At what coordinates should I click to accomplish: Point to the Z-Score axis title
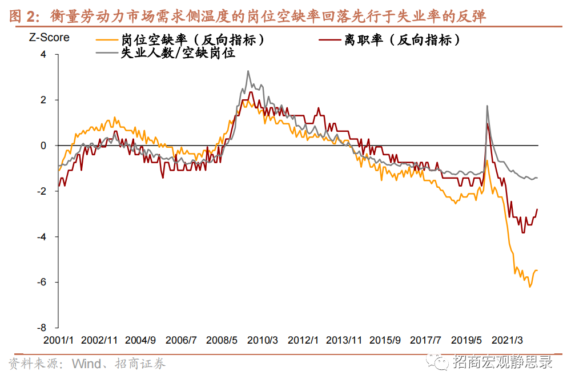[49, 38]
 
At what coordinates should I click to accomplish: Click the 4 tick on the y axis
[42, 55]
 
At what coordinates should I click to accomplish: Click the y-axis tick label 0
[42, 146]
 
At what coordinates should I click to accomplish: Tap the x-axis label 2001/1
[58, 340]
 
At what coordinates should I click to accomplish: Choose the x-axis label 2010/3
[263, 340]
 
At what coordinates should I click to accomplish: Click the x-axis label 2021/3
[510, 340]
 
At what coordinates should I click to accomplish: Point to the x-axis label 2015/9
[385, 340]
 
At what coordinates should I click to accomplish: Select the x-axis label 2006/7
[181, 340]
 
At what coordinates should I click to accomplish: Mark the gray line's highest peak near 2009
[248, 71]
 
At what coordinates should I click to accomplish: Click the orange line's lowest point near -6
[529, 287]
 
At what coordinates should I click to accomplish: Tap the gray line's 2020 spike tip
[487, 106]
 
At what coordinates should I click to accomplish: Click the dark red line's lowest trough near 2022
[523, 232]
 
